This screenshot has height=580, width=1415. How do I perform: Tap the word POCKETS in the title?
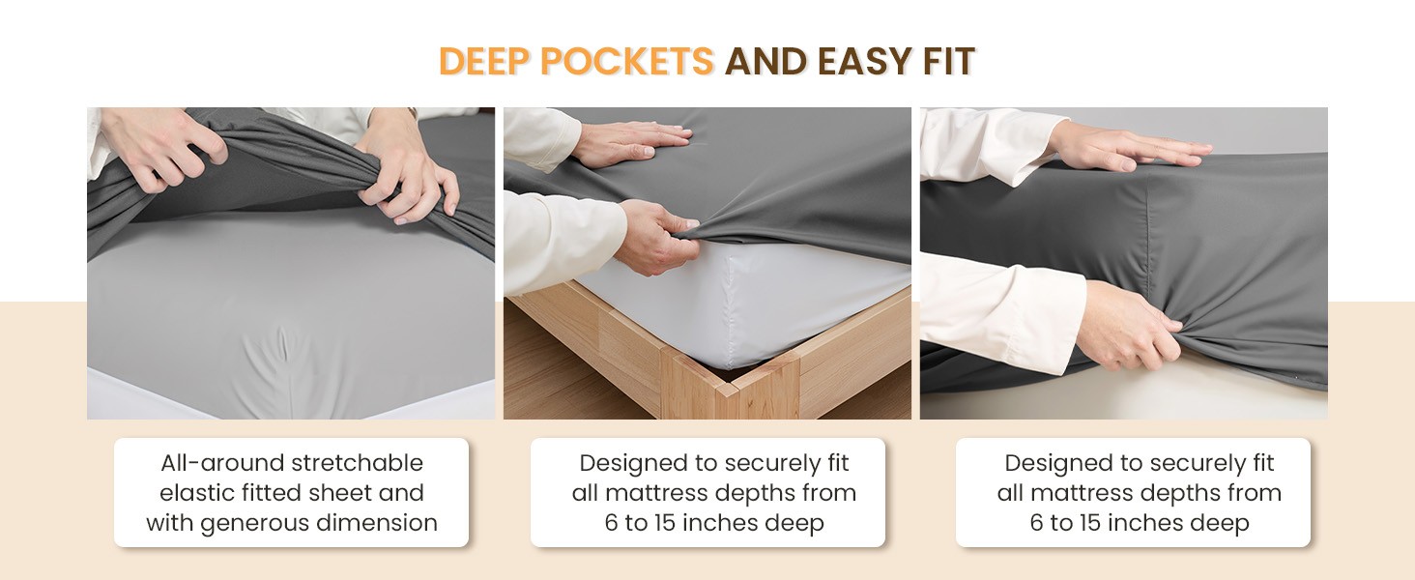[627, 61]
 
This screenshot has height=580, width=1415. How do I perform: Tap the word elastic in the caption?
[194, 493]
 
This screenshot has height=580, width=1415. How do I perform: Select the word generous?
[255, 524]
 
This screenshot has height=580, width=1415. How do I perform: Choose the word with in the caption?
[169, 523]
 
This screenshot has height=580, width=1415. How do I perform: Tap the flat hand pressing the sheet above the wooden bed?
[633, 143]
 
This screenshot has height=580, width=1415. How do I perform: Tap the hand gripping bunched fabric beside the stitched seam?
[1128, 326]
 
